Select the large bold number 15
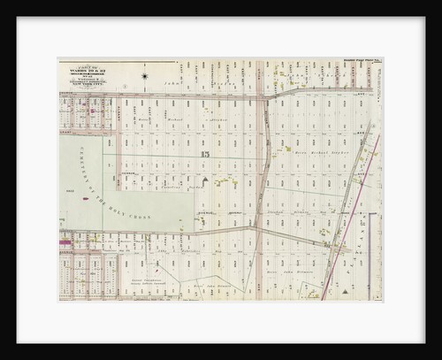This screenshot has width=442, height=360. point(205,156)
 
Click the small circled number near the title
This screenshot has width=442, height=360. point(126,86)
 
